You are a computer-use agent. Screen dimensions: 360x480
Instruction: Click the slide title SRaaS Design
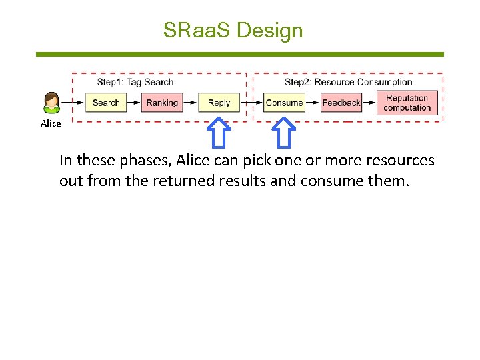[x=233, y=30]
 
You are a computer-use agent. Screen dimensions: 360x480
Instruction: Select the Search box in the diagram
[x=105, y=103]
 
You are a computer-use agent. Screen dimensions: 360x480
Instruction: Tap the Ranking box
[x=162, y=103]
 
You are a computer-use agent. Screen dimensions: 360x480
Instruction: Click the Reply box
[x=219, y=103]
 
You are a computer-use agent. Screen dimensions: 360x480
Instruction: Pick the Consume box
[x=284, y=103]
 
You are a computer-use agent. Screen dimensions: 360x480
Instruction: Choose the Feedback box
[x=341, y=103]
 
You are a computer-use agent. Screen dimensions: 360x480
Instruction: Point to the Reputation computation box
[x=407, y=103]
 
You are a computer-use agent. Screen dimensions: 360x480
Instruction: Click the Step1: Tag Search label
[x=135, y=82]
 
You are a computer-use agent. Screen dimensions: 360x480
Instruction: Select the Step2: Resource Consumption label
[x=348, y=82]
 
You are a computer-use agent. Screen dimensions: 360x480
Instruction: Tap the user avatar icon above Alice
[x=51, y=102]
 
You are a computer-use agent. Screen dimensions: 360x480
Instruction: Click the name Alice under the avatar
[x=51, y=123]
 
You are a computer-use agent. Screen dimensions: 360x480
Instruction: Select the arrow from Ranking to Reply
[x=190, y=103]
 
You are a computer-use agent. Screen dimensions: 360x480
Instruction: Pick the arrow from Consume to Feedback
[x=312, y=103]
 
